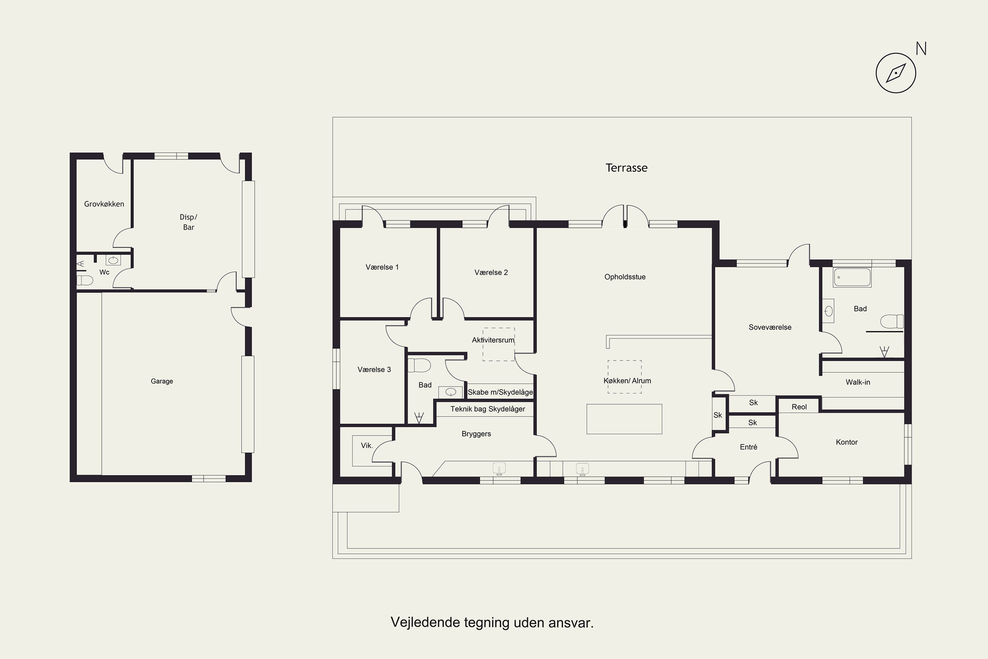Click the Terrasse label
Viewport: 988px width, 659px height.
pyautogui.click(x=626, y=168)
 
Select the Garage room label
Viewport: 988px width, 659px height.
pyautogui.click(x=162, y=381)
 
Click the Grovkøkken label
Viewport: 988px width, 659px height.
pyautogui.click(x=104, y=204)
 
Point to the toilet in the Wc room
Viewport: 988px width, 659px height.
pyautogui.click(x=85, y=280)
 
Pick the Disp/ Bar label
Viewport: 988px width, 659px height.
pyautogui.click(x=189, y=222)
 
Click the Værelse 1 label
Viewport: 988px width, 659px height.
pyautogui.click(x=382, y=267)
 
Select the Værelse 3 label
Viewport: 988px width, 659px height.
pyautogui.click(x=374, y=369)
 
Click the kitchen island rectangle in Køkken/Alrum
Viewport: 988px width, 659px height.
pyautogui.click(x=624, y=419)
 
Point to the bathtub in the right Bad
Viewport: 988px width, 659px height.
pyautogui.click(x=852, y=277)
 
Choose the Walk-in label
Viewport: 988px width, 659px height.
pyautogui.click(x=858, y=382)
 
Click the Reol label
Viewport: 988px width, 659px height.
pyautogui.click(x=799, y=407)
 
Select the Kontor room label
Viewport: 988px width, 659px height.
pyautogui.click(x=846, y=442)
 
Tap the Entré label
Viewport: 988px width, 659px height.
pyautogui.click(x=748, y=447)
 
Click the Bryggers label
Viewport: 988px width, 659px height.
pyautogui.click(x=476, y=434)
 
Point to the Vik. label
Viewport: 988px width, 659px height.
pyautogui.click(x=367, y=445)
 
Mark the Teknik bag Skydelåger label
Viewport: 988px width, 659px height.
pyautogui.click(x=488, y=409)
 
